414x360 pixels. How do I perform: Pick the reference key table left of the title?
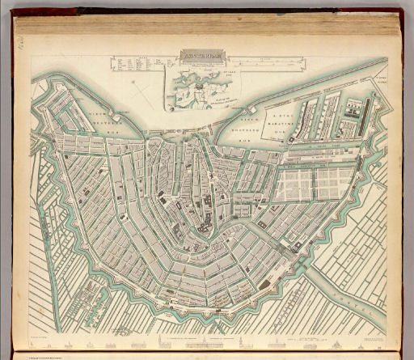point(137,64)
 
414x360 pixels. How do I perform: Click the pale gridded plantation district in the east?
point(299,182)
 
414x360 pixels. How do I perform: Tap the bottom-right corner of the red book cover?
point(408,356)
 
